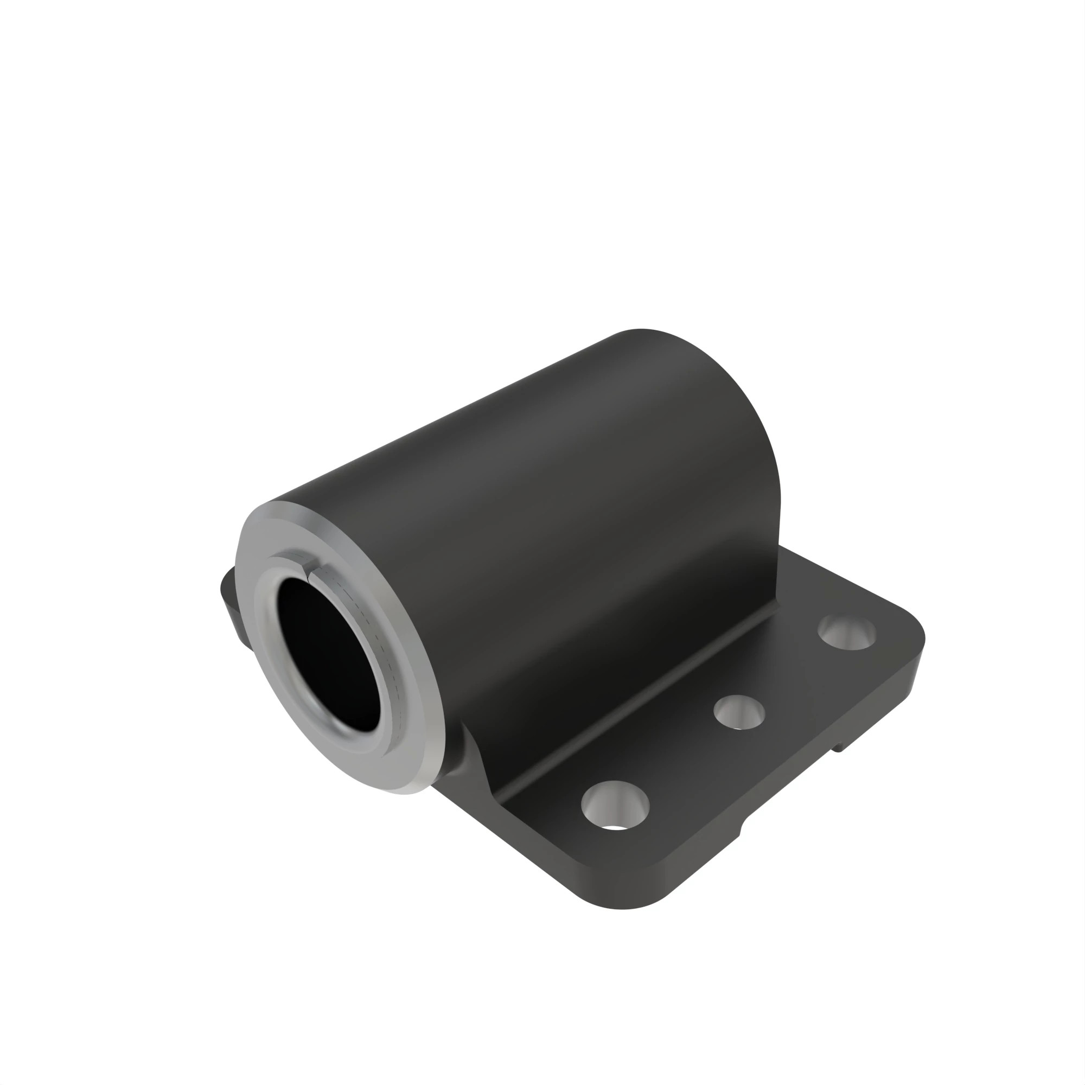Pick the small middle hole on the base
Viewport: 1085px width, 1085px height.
point(738,713)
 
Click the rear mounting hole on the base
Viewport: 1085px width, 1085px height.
point(847,632)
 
